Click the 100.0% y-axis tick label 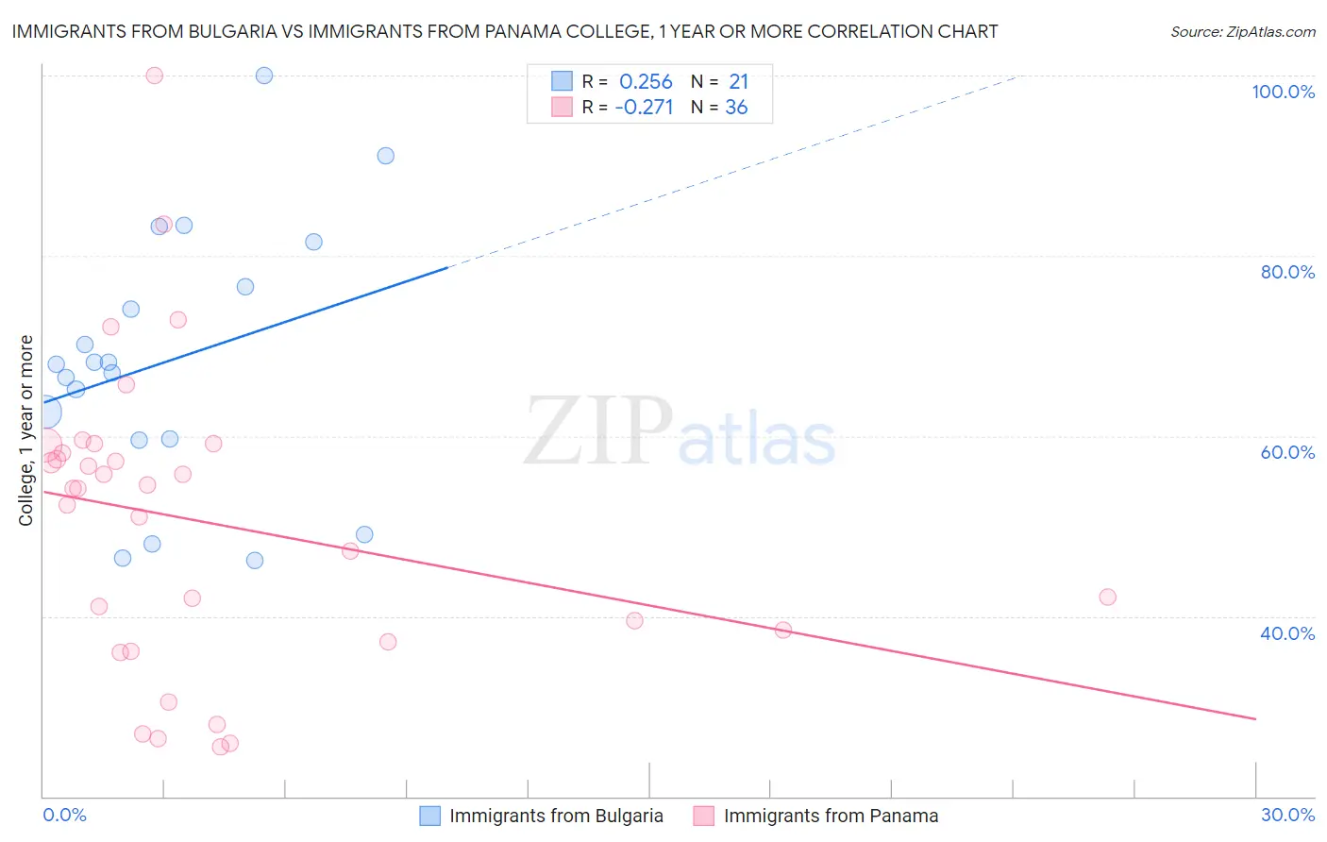coord(1283,92)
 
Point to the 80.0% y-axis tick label coord(1287,272)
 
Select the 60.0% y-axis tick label coord(1287,452)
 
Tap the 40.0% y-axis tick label coord(1287,633)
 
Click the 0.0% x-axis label coord(64,815)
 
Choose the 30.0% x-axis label coord(1287,815)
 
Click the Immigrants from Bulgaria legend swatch coord(430,816)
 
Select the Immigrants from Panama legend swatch coord(704,816)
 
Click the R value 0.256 coord(646,82)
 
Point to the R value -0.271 coord(644,108)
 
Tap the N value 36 coord(736,108)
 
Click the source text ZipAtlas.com coord(1242,32)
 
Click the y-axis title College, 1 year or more coord(26,430)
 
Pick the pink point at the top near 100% coord(155,76)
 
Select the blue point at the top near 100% coord(264,76)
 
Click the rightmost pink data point coord(1108,597)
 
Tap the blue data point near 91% coord(386,156)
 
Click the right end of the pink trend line coord(1255,719)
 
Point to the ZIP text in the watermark coord(598,430)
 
